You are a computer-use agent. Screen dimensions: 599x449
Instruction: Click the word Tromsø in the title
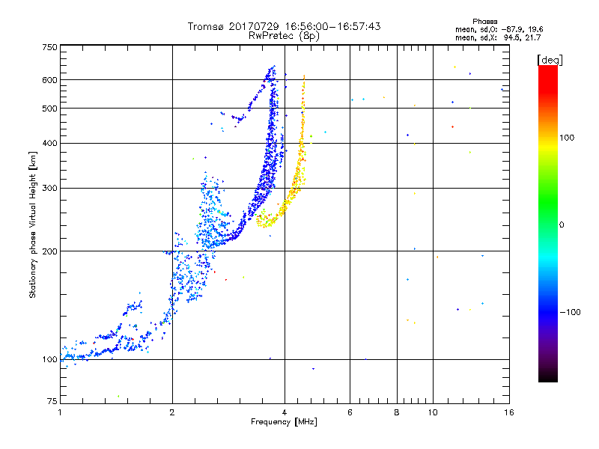pyautogui.click(x=207, y=26)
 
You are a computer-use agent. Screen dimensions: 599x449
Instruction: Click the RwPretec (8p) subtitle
pyautogui.click(x=284, y=36)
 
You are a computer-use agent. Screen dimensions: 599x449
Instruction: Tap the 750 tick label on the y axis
pyautogui.click(x=50, y=47)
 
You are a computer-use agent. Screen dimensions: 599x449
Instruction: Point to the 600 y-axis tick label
pyautogui.click(x=50, y=80)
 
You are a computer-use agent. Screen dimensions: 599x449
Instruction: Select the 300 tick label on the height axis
pyautogui.click(x=50, y=189)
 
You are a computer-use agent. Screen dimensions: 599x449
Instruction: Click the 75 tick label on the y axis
pyautogui.click(x=52, y=401)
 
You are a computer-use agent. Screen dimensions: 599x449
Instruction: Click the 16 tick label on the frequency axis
pyautogui.click(x=509, y=412)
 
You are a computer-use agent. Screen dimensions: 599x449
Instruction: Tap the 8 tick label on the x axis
pyautogui.click(x=397, y=412)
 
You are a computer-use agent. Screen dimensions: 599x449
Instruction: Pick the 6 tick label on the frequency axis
pyautogui.click(x=350, y=412)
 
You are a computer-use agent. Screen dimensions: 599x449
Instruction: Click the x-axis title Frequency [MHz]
pyautogui.click(x=284, y=422)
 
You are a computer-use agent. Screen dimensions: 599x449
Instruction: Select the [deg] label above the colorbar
pyautogui.click(x=550, y=61)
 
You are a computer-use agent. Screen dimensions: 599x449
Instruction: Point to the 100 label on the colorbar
pyautogui.click(x=567, y=138)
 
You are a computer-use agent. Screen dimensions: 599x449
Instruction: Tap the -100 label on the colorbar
pyautogui.click(x=571, y=312)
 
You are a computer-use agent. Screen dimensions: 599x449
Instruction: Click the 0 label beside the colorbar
pyautogui.click(x=562, y=225)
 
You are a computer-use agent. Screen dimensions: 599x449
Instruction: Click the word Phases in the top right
pyautogui.click(x=484, y=22)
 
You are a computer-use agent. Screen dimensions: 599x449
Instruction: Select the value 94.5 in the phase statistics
pyautogui.click(x=512, y=38)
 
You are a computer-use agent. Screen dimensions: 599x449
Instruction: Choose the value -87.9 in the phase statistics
pyautogui.click(x=512, y=30)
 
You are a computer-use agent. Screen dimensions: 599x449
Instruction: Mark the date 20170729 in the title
pyautogui.click(x=254, y=26)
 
